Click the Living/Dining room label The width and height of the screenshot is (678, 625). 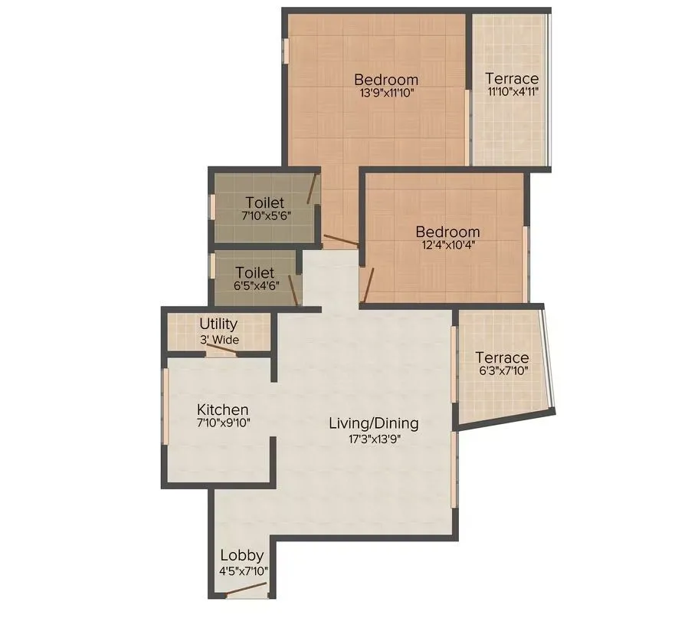tap(373, 423)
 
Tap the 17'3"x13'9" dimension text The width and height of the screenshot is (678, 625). tap(373, 439)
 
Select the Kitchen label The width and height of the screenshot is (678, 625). tap(222, 410)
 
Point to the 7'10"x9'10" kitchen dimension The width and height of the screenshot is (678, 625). tap(222, 423)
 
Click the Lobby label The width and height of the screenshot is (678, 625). tap(242, 555)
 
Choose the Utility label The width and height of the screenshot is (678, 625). tap(218, 324)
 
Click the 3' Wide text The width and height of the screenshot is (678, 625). tap(219, 340)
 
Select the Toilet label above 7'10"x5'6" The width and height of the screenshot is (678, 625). tap(265, 202)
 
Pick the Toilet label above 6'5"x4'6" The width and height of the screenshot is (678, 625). tap(255, 272)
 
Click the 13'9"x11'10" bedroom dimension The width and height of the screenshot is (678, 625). tap(386, 94)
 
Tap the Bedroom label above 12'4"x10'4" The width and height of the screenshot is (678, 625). tap(447, 232)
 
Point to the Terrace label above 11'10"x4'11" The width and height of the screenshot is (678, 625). tap(511, 78)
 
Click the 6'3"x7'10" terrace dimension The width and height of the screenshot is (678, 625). tap(502, 372)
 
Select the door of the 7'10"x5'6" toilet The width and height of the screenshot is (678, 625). tap(312, 187)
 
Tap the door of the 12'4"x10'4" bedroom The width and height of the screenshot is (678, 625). tap(368, 285)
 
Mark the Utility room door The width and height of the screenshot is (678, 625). tap(221, 349)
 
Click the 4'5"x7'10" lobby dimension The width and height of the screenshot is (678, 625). tap(242, 571)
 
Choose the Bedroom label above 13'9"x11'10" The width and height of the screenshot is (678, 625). tap(386, 79)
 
